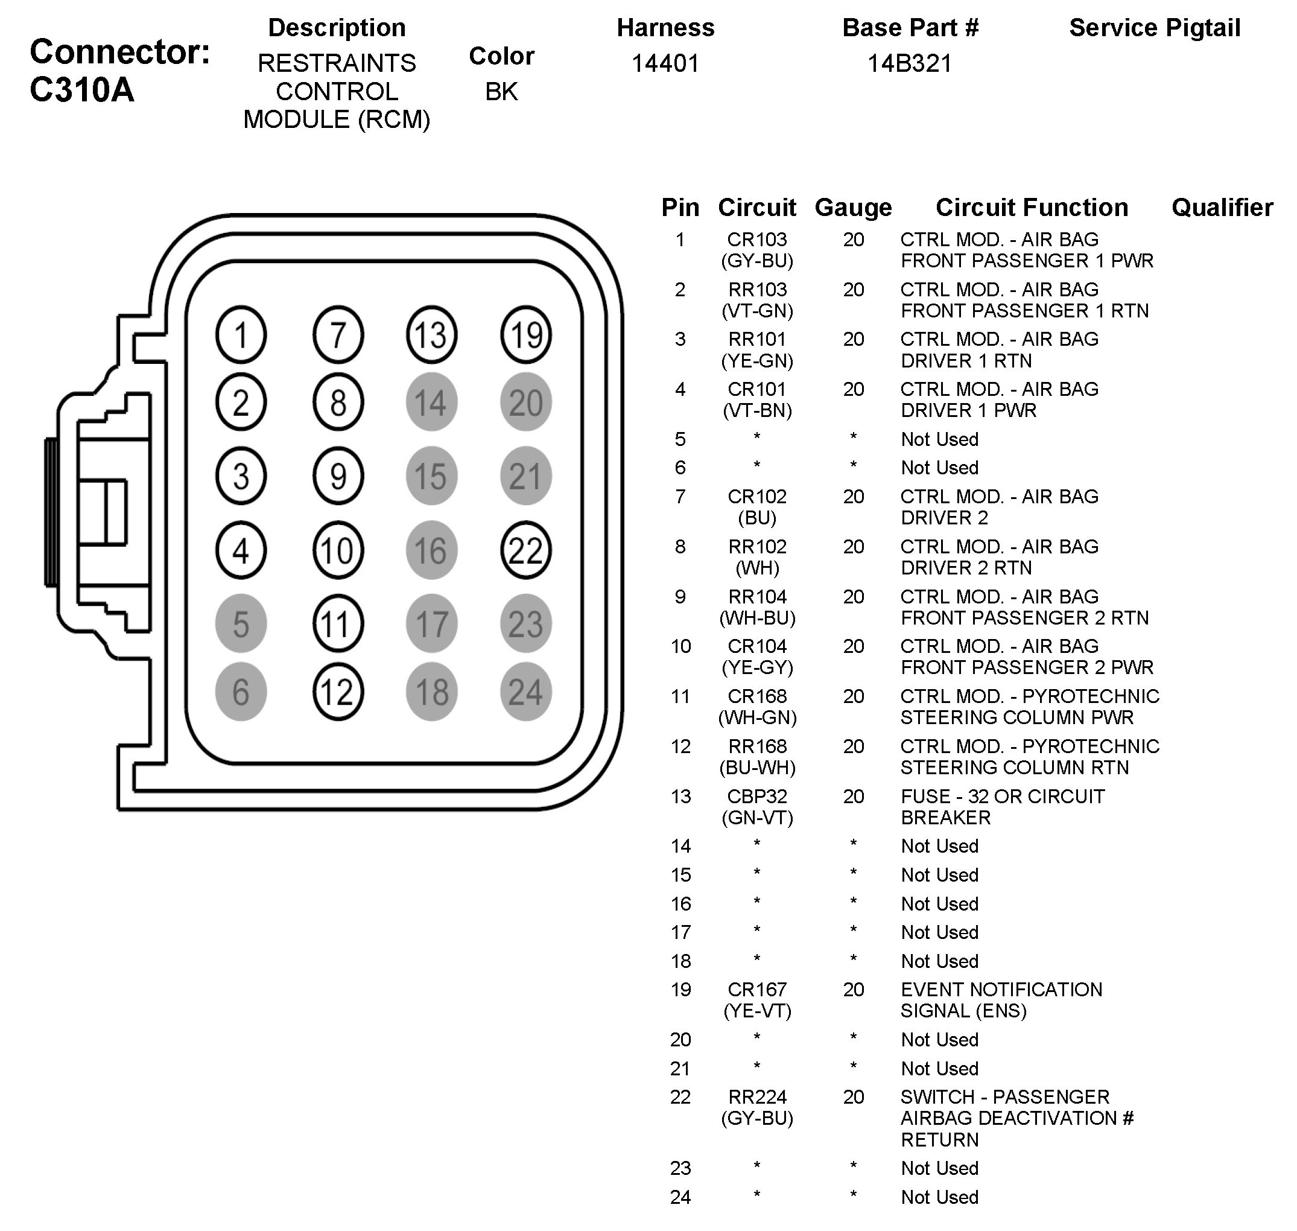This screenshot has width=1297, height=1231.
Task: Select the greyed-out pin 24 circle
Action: (x=525, y=692)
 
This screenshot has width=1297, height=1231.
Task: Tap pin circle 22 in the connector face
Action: (x=525, y=550)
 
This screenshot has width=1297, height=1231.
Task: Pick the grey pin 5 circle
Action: (x=241, y=624)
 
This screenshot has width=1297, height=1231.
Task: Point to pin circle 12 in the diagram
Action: (x=337, y=692)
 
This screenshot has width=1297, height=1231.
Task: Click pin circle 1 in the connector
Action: (x=241, y=336)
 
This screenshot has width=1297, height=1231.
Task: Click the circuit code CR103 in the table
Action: (x=756, y=240)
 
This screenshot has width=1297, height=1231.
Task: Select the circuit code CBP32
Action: (x=756, y=796)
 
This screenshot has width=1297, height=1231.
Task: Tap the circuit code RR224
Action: (x=756, y=1096)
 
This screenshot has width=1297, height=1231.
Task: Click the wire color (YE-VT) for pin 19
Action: (x=757, y=1011)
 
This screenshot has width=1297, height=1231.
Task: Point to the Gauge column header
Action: (x=853, y=208)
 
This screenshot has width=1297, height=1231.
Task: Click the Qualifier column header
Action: (x=1222, y=208)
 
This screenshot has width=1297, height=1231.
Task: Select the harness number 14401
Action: (x=665, y=63)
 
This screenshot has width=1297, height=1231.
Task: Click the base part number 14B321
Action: (x=909, y=63)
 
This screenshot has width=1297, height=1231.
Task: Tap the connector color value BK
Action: (x=501, y=92)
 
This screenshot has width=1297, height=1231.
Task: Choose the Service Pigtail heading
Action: (x=1154, y=28)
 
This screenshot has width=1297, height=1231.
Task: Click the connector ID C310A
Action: (x=82, y=90)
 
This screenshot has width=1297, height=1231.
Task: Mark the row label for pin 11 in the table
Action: (x=680, y=696)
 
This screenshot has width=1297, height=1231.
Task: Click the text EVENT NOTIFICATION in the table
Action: (x=1001, y=989)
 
